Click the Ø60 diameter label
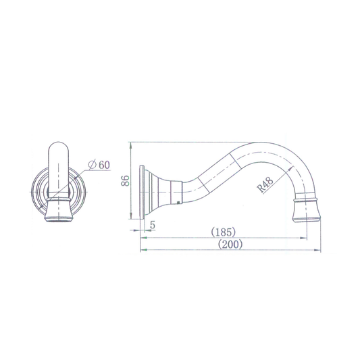click(x=99, y=165)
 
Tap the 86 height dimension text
click(x=126, y=181)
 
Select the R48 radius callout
click(x=265, y=184)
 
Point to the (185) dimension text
click(x=224, y=232)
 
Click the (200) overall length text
click(x=230, y=244)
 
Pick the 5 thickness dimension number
click(x=153, y=225)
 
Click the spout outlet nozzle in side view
click(x=307, y=211)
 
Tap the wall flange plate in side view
click(x=142, y=192)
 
